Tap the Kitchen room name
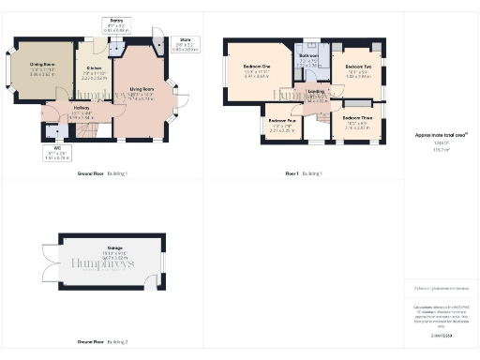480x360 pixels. click(95, 68)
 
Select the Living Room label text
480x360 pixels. click(142, 90)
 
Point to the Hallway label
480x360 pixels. click(82, 109)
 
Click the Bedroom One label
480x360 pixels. click(257, 67)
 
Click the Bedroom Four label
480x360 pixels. click(282, 121)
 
